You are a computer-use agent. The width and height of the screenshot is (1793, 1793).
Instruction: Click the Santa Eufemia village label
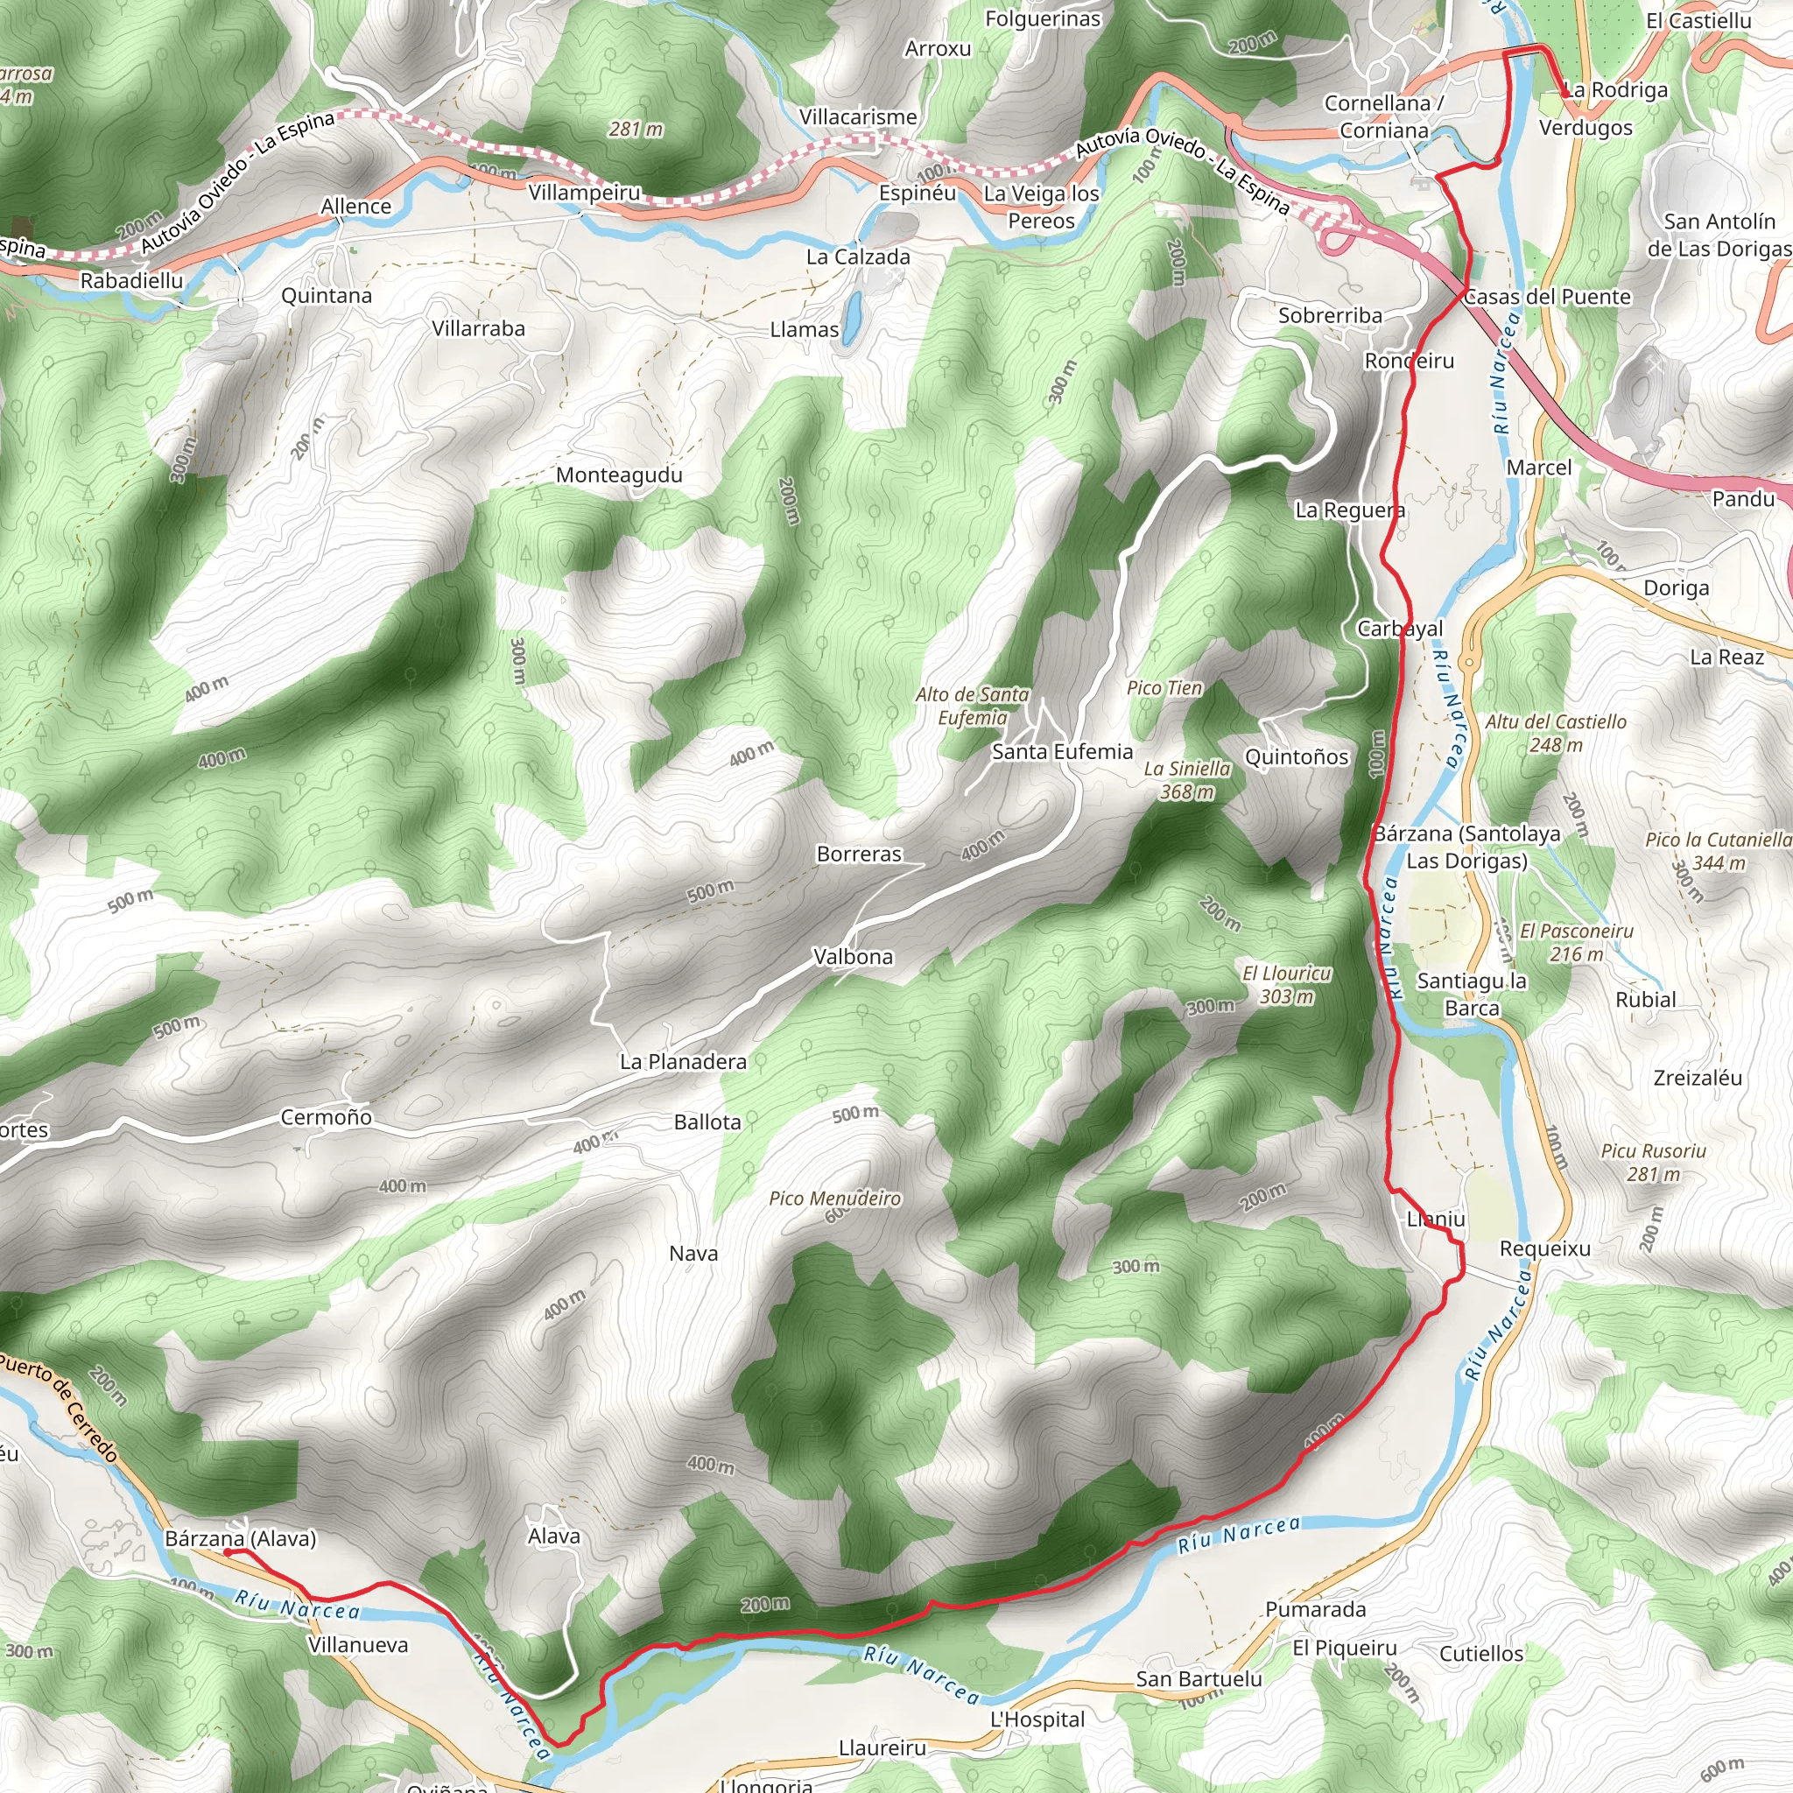pos(1062,752)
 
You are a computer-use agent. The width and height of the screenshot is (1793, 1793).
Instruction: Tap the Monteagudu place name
pos(619,475)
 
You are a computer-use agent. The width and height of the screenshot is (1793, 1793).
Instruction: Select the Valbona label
pos(853,957)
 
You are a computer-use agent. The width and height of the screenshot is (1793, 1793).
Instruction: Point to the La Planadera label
pos(683,1062)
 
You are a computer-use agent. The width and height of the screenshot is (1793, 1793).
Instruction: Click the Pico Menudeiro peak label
pos(834,1199)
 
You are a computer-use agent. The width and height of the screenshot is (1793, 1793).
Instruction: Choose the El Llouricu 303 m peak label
pos(1286,985)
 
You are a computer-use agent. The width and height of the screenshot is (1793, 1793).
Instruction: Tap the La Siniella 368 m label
pos(1187,779)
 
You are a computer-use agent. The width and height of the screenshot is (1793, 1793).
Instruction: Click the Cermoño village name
pos(326,1117)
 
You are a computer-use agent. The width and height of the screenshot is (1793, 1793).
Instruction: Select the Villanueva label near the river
pos(358,1645)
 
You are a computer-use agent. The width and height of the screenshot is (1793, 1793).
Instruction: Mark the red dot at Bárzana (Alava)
pos(228,1551)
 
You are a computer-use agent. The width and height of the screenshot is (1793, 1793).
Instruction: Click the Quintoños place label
pos(1297,757)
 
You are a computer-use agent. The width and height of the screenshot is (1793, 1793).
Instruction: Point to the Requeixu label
pos(1545,1249)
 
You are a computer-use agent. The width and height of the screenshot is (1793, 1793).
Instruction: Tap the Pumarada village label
pos(1315,1609)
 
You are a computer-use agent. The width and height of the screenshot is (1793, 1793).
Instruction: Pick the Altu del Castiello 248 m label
pos(1556,733)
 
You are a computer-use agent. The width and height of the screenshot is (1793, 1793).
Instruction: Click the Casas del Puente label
pos(1547,297)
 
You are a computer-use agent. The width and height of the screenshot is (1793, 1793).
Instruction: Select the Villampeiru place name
pos(585,193)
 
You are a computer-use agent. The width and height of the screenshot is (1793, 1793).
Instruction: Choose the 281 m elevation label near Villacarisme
pos(636,129)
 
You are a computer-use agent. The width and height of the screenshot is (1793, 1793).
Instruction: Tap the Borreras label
pos(859,854)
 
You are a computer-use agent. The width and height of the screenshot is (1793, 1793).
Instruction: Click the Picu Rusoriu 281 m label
pos(1653,1162)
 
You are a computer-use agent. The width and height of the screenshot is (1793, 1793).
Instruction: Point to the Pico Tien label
pos(1164,687)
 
